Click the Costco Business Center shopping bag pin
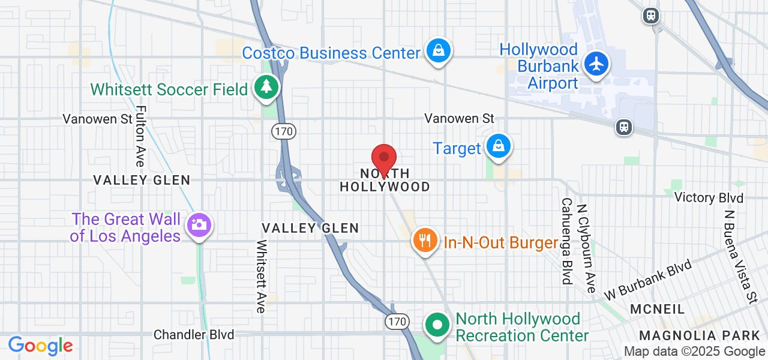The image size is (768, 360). pyautogui.click(x=439, y=51)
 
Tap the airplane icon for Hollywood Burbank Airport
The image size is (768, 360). pyautogui.click(x=596, y=64)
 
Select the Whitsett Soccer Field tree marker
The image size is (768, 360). pyautogui.click(x=266, y=88)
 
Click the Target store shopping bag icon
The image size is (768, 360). pyautogui.click(x=498, y=146)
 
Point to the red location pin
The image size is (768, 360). pyautogui.click(x=384, y=160)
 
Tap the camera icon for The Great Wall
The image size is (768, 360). pyautogui.click(x=197, y=226)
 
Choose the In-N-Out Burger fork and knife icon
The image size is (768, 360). pyautogui.click(x=425, y=241)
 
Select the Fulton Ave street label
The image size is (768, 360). pyautogui.click(x=140, y=136)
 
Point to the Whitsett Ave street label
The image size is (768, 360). pyautogui.click(x=261, y=277)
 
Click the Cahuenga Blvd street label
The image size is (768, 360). pyautogui.click(x=566, y=241)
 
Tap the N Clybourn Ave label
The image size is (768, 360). pyautogui.click(x=586, y=248)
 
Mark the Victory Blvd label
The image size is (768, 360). pyautogui.click(x=709, y=197)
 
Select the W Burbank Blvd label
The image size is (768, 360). pyautogui.click(x=649, y=280)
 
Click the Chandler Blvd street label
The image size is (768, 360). pyautogui.click(x=194, y=334)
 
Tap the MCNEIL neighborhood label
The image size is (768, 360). pyautogui.click(x=658, y=309)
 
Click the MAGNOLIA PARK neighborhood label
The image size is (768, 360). pyautogui.click(x=700, y=335)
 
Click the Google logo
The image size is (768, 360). pyautogui.click(x=41, y=346)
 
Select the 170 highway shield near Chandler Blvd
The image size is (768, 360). pyautogui.click(x=397, y=322)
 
